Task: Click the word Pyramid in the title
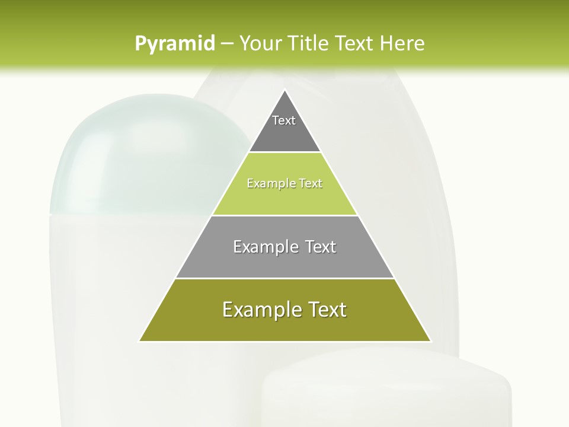[x=175, y=44]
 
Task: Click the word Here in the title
[x=402, y=43]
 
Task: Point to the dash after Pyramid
[x=226, y=44]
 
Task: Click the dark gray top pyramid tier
[x=284, y=133]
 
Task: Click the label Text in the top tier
[x=284, y=120]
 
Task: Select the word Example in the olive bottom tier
[x=258, y=310]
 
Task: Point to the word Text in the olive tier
[x=327, y=310]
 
